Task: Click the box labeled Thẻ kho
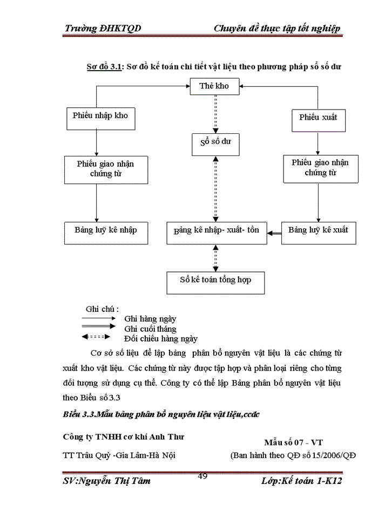click(214, 86)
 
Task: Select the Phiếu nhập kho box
click(100, 115)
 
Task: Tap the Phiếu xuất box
click(318, 117)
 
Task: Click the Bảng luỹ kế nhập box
click(106, 230)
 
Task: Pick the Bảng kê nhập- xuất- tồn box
click(216, 230)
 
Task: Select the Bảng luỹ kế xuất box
click(318, 230)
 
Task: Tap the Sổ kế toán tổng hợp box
click(215, 280)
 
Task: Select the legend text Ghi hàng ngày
click(150, 319)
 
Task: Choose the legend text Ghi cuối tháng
click(150, 329)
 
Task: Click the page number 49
click(204, 475)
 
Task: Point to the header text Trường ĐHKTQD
click(103, 29)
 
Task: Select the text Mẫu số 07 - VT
click(293, 443)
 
